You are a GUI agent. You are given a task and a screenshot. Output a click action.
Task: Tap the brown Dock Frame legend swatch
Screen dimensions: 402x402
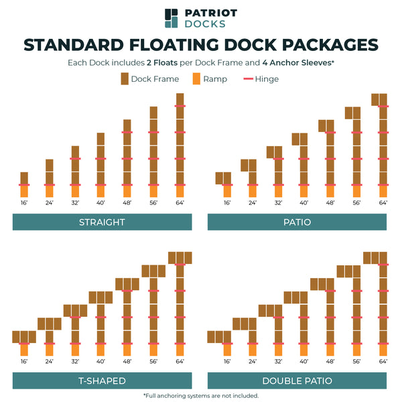(125, 79)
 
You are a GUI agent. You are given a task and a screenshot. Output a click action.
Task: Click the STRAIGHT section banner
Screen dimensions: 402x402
(103, 222)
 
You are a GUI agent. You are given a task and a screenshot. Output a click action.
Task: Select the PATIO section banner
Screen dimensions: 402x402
(297, 222)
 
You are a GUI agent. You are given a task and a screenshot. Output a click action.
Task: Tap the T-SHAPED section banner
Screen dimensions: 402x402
(103, 381)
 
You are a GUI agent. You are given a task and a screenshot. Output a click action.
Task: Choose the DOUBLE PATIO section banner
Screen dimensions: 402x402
(297, 381)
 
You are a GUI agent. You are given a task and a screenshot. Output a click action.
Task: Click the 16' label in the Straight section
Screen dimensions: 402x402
(24, 202)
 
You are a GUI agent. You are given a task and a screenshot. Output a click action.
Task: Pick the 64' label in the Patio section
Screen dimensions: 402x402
(383, 202)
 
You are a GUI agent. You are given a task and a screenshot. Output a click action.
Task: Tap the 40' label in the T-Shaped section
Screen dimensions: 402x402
(100, 361)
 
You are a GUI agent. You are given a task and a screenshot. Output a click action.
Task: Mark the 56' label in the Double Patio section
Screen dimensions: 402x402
(357, 361)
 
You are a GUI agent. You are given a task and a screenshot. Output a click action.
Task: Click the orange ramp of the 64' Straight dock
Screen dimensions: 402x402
(180, 191)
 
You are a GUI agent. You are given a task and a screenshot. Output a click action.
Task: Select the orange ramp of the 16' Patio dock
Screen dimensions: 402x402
(227, 191)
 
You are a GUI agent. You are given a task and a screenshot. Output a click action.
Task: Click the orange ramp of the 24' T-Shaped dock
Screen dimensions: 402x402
(49, 350)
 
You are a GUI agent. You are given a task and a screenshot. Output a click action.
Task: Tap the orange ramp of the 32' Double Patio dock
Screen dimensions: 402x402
(279, 350)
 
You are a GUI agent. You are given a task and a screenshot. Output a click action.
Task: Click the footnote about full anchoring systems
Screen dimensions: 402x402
(201, 395)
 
